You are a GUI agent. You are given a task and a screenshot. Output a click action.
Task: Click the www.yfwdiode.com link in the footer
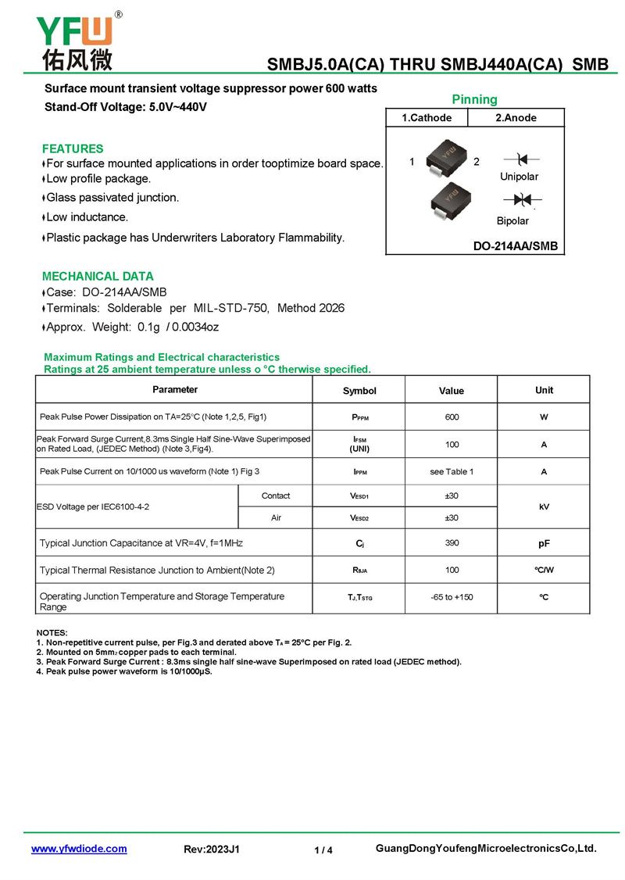point(78,849)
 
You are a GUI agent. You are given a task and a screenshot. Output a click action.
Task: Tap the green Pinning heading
point(474,99)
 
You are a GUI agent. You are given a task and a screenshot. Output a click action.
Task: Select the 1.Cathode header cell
point(427,118)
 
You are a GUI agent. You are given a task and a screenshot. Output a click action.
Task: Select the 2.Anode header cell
point(516,118)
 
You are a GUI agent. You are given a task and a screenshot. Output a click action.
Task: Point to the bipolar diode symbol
point(516,201)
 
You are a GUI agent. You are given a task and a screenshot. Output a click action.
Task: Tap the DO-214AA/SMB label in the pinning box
point(516,246)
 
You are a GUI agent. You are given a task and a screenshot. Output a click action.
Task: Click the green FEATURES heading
point(73,148)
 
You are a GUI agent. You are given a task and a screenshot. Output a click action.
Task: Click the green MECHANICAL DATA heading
point(98,276)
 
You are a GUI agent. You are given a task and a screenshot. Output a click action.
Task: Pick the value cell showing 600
point(452,417)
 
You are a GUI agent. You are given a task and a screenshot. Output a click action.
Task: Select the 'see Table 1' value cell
point(452,472)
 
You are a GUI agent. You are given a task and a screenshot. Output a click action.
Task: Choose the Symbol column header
point(359,391)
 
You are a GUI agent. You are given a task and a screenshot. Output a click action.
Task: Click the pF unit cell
point(544,543)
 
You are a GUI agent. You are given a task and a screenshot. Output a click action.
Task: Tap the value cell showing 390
point(452,543)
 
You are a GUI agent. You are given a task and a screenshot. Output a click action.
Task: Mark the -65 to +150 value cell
point(452,598)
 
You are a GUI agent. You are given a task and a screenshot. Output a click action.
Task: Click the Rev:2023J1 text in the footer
point(211,850)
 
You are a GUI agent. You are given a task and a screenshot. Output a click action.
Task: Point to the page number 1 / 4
point(323,850)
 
